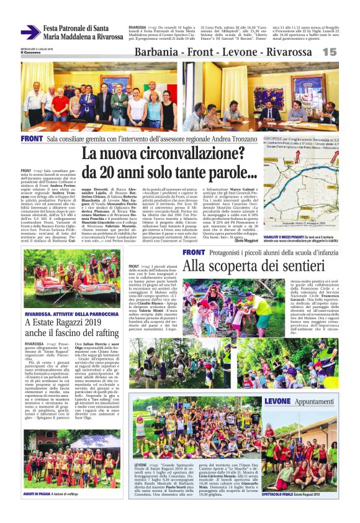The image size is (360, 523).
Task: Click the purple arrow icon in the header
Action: [30, 32]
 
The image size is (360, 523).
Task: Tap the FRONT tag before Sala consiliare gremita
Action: [32, 138]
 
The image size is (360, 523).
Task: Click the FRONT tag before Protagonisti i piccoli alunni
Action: [194, 252]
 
